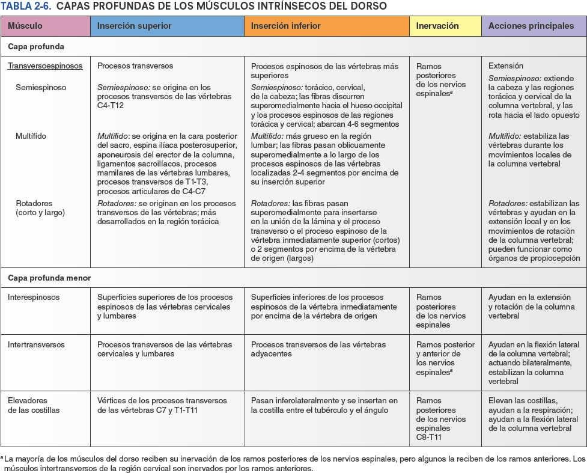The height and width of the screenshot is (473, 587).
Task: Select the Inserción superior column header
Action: click(x=134, y=26)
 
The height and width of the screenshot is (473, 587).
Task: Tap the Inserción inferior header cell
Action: click(x=285, y=26)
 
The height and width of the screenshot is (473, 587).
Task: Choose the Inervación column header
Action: click(x=437, y=26)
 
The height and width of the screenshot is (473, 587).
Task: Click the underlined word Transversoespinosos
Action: click(x=45, y=66)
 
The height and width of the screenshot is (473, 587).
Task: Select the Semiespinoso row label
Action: click(x=41, y=88)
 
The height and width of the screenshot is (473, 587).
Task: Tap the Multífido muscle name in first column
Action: click(x=31, y=136)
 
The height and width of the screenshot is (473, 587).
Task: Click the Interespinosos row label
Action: click(x=34, y=297)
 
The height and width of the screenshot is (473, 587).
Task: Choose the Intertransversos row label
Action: click(x=37, y=345)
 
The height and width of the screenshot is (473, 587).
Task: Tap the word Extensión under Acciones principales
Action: click(x=506, y=66)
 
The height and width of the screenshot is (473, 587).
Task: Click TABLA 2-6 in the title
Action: click(x=25, y=6)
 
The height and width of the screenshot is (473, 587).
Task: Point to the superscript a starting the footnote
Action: click(x=2, y=457)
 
